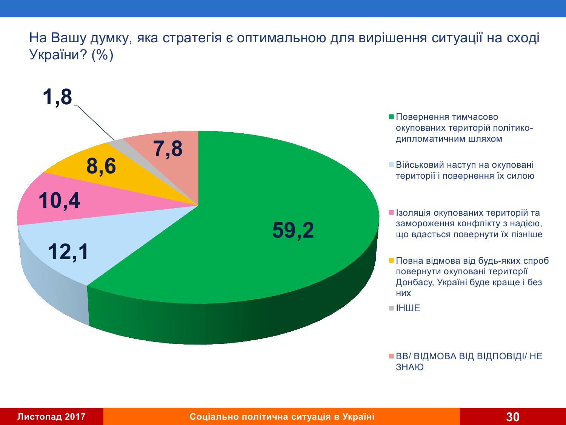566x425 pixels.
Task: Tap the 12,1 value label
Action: [68, 252]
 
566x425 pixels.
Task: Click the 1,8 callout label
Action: [57, 97]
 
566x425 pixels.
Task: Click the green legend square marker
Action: [391, 117]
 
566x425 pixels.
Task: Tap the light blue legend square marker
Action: [391, 164]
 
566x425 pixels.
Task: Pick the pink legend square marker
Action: [391, 212]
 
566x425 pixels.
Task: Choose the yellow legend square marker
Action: [391, 260]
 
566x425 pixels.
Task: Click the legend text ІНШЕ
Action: [408, 308]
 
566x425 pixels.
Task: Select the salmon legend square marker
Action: [391, 356]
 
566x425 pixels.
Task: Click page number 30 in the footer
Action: [513, 417]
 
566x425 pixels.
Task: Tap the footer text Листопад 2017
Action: [52, 417]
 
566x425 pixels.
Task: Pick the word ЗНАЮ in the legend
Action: [409, 367]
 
